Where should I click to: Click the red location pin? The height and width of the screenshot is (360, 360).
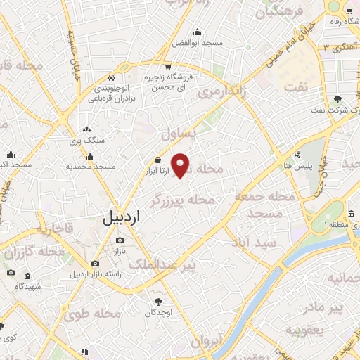tap(181, 165)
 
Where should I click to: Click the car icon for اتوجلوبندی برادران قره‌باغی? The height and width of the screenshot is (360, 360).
tap(111, 77)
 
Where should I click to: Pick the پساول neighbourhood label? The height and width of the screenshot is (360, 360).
tap(176, 133)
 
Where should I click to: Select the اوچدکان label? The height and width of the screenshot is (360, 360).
tap(159, 311)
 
